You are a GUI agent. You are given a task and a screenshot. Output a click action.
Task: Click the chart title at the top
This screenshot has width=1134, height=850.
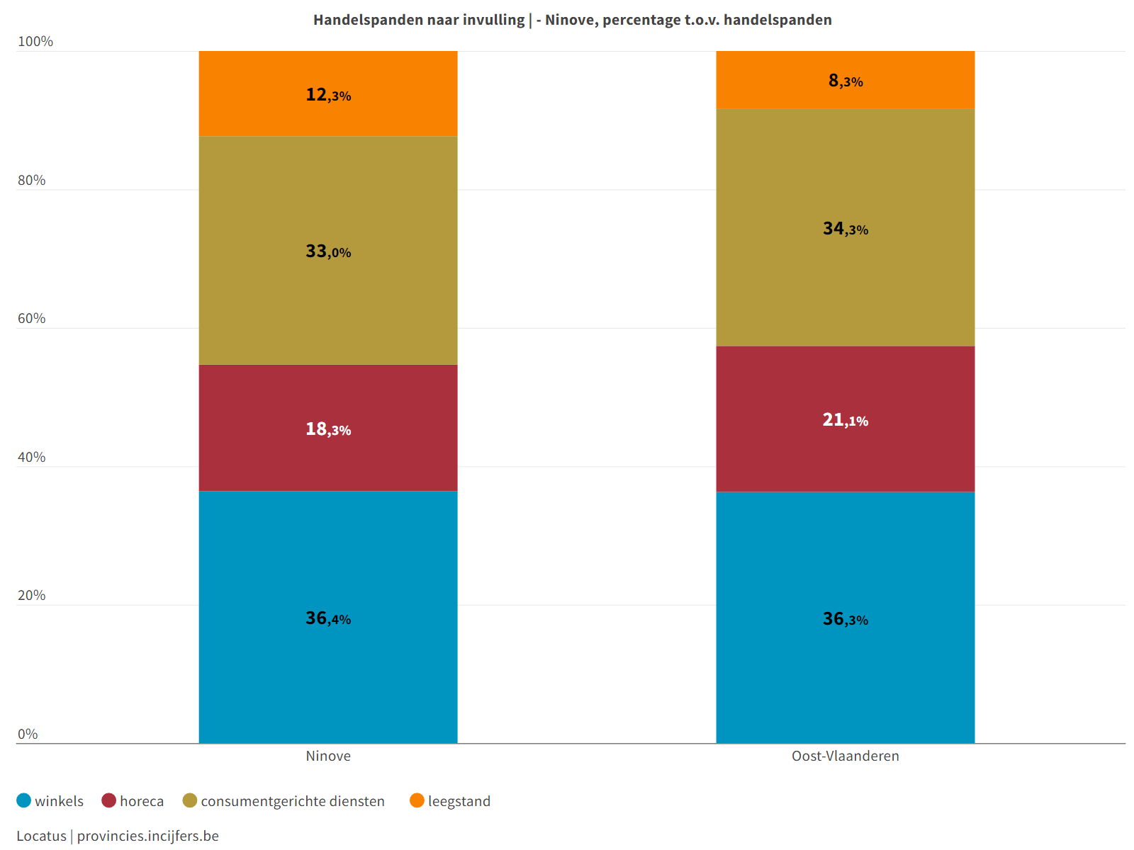(x=573, y=20)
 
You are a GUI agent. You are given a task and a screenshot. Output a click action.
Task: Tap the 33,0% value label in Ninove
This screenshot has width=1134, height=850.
(x=328, y=251)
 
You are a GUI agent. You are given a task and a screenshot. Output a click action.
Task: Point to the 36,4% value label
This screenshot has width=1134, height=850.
(x=328, y=618)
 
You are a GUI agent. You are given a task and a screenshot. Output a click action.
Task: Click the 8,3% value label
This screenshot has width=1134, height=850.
(x=846, y=81)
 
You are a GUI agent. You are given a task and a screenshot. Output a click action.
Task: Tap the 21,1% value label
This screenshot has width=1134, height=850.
(x=846, y=420)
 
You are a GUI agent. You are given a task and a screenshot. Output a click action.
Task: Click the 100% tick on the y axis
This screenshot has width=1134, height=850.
(x=35, y=42)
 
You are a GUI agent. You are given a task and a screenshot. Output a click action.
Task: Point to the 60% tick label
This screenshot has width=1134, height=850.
(x=32, y=319)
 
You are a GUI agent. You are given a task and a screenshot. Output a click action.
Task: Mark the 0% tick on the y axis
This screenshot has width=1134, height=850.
(x=28, y=735)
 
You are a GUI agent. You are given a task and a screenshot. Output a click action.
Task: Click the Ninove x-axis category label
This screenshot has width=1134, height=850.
(x=328, y=756)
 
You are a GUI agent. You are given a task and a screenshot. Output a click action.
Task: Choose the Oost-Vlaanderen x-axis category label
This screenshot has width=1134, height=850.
(x=846, y=756)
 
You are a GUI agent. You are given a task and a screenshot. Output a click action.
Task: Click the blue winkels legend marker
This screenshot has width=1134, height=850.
(x=24, y=800)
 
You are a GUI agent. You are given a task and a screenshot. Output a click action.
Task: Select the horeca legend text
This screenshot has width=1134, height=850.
(x=142, y=801)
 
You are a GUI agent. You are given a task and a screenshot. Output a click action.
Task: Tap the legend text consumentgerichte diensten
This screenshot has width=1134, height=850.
(x=293, y=801)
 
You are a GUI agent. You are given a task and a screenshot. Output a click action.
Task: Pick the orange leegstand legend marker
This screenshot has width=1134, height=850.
(x=417, y=800)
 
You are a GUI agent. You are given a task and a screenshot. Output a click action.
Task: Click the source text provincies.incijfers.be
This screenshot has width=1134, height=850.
(x=148, y=836)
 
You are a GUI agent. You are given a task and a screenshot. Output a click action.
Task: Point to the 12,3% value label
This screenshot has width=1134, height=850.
(x=328, y=94)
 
